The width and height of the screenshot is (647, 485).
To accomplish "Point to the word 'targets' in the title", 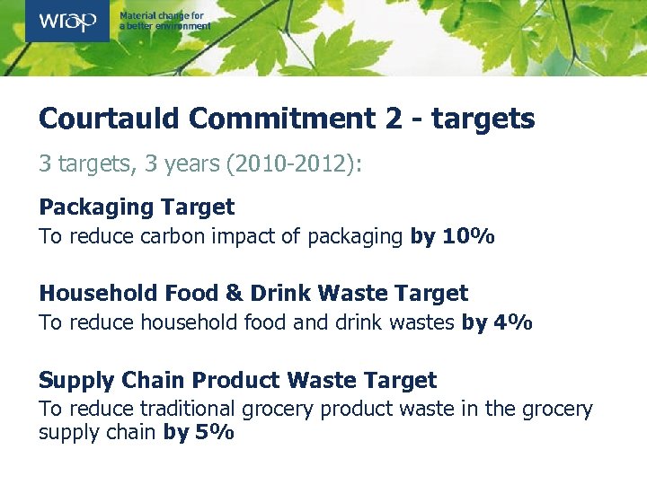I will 483,119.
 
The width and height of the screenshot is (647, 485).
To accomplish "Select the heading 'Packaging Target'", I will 137,207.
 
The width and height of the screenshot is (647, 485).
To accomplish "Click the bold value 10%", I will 468,237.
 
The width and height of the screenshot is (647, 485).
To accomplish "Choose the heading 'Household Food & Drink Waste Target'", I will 253,294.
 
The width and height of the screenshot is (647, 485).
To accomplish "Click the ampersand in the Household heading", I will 233,294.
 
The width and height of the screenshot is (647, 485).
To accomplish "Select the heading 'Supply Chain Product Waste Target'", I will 237,380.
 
